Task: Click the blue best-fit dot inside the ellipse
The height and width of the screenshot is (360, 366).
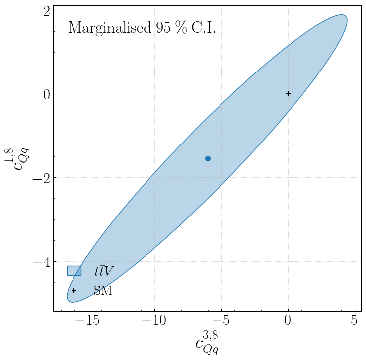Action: tap(208, 158)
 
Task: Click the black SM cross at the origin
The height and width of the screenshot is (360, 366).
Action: tap(288, 94)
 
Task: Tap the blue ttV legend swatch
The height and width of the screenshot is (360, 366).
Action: tap(74, 271)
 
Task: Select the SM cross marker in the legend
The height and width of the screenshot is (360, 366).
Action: tap(74, 291)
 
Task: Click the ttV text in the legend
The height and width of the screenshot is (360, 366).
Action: tap(104, 271)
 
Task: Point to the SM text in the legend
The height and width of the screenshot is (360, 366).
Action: tap(103, 291)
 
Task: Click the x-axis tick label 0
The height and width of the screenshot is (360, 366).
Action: tap(288, 321)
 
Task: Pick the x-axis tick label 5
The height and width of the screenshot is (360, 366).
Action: tap(355, 321)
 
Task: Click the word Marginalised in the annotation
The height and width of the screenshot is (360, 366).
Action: tap(106, 28)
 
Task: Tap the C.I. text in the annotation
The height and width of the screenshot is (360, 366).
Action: tap(204, 28)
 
